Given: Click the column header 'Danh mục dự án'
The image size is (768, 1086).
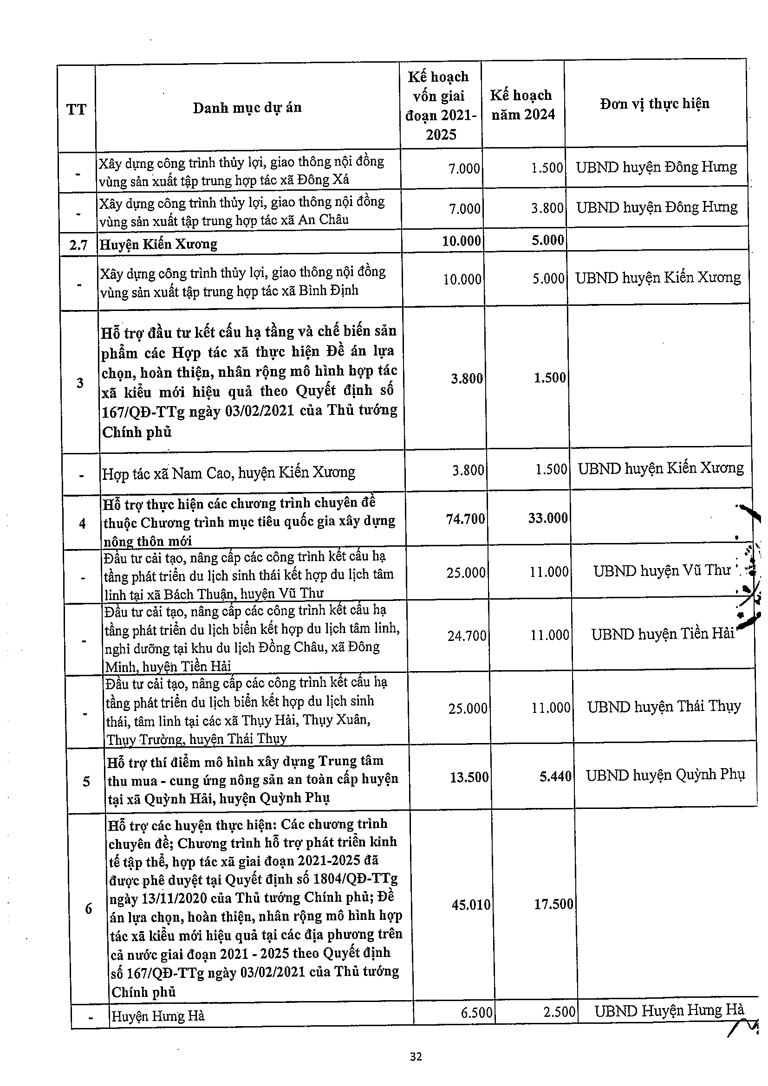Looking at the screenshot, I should tap(247, 108).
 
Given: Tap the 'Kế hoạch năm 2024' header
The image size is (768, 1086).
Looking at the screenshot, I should tap(522, 105).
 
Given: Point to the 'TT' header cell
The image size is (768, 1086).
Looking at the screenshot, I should tap(76, 110).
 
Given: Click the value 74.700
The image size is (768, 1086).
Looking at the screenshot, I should tap(465, 519).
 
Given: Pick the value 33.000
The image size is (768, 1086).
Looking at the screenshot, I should tap(547, 518).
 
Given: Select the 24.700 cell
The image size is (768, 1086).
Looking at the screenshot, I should tap(467, 635).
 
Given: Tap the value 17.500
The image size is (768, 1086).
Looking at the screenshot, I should tap(553, 904).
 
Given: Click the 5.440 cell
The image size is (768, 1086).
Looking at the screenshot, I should tap(555, 776).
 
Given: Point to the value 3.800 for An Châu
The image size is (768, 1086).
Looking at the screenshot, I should tap(547, 208).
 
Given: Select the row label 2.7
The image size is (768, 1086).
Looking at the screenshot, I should tap(78, 245).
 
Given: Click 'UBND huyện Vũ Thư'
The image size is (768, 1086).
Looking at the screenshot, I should tap(662, 571).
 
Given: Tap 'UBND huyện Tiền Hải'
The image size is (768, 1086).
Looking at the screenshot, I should tap(663, 634).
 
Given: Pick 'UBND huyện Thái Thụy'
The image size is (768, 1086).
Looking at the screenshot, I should tap(664, 707).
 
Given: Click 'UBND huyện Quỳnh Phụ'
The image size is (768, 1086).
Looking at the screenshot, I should tap(665, 775).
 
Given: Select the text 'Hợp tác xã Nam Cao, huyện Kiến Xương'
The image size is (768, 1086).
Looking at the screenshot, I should tap(228, 472).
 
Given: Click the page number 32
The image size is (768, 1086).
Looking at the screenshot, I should tap(416, 1057).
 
